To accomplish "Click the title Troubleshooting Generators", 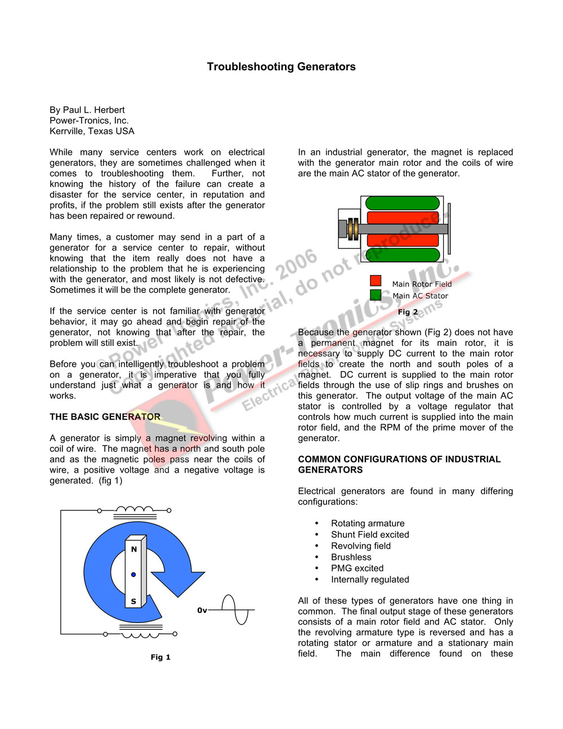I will click(x=281, y=66).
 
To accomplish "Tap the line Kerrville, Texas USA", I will click(x=92, y=131).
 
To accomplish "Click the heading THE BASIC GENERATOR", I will click(x=105, y=417).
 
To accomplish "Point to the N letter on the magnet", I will click(x=134, y=549).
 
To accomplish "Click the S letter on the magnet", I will click(x=133, y=601).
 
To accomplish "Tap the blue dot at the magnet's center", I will click(x=133, y=575).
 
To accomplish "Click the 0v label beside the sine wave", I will click(x=202, y=610).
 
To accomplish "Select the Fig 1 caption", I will click(x=160, y=657).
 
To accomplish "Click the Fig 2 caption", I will click(x=408, y=312).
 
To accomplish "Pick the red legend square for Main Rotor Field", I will click(x=376, y=281).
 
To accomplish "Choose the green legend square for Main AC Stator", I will click(x=376, y=295).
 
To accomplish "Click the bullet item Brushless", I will click(x=351, y=557).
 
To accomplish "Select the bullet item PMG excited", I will click(x=357, y=568).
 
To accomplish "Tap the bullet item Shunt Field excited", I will click(x=370, y=535).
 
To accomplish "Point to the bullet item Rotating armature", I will click(x=368, y=523).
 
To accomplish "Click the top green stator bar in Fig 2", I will click(x=403, y=203).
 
